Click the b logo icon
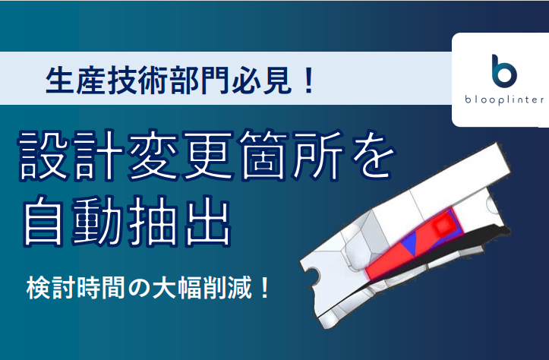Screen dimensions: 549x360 (504, 71)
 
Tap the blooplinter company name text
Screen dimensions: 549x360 (504, 99)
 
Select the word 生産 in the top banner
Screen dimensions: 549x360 (75, 81)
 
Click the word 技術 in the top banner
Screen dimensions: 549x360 (137, 81)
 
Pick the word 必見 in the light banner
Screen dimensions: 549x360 (261, 81)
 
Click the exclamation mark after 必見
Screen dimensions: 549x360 (309, 81)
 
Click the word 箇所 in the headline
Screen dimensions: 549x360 (291, 155)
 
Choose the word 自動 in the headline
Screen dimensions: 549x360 (71, 221)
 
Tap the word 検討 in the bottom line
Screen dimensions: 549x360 (52, 288)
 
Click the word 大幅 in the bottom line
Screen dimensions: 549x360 (178, 288)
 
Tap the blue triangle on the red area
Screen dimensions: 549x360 (409, 243)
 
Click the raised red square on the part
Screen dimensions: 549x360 (443, 226)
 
